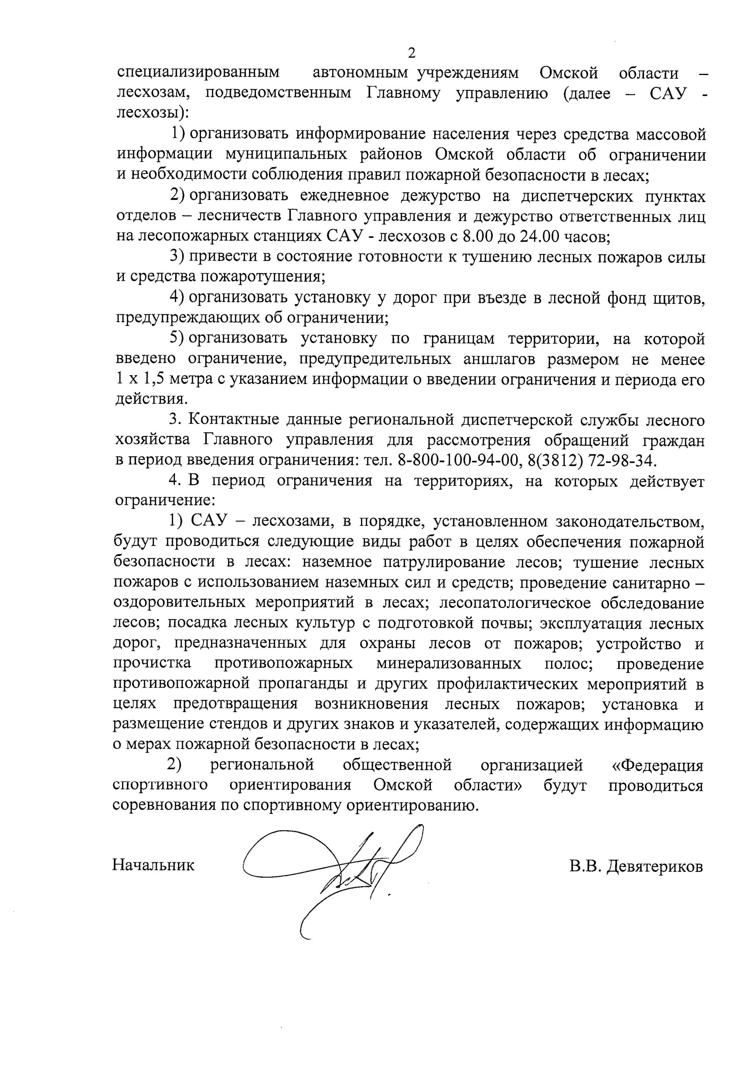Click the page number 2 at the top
(x=411, y=53)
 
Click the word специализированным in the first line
(x=198, y=73)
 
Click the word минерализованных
(x=448, y=664)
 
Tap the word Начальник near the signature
(x=153, y=865)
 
